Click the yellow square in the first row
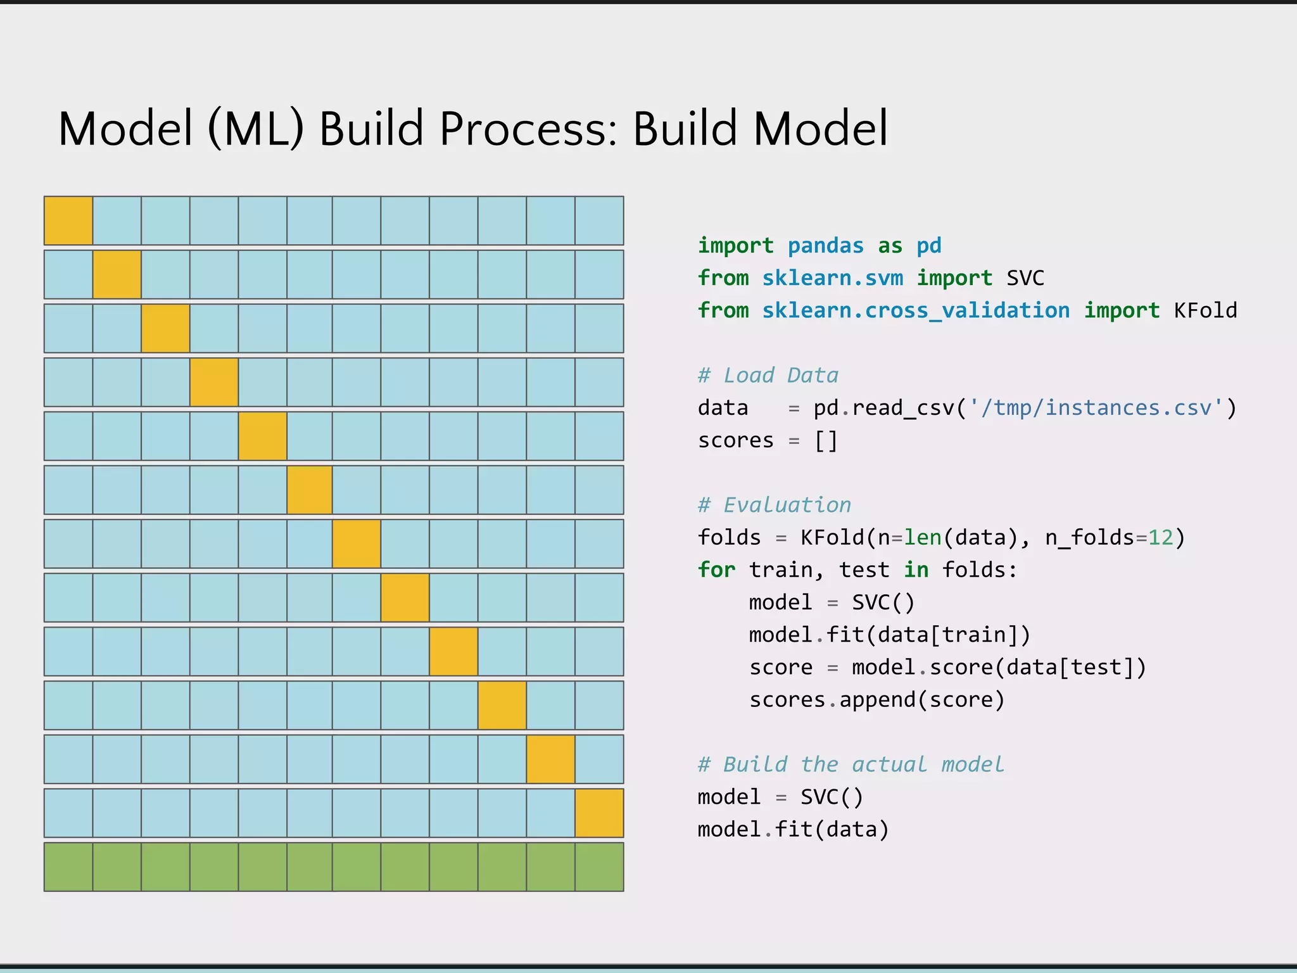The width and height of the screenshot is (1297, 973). click(x=68, y=220)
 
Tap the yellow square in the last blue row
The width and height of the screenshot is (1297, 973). click(x=599, y=813)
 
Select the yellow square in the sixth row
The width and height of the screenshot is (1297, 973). click(x=310, y=490)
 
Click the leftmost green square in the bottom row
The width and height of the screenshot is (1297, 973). click(x=68, y=867)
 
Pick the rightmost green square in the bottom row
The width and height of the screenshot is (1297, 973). click(x=599, y=867)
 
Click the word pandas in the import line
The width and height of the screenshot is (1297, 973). click(x=825, y=246)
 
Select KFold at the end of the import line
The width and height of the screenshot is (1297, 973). click(x=1205, y=310)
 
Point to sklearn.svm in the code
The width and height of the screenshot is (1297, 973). click(x=832, y=278)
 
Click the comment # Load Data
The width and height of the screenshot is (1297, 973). click(x=768, y=376)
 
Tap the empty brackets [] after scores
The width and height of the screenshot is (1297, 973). click(x=826, y=440)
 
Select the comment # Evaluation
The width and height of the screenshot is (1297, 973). click(x=774, y=506)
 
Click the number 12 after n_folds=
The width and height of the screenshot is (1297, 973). click(x=1161, y=538)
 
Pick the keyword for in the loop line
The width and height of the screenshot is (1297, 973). click(x=716, y=570)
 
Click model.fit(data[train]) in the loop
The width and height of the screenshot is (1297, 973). click(x=889, y=635)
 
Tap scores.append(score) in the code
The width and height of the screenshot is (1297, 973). click(x=876, y=700)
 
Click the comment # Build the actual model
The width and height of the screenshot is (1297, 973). click(x=851, y=765)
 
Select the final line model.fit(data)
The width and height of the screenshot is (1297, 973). click(x=793, y=830)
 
